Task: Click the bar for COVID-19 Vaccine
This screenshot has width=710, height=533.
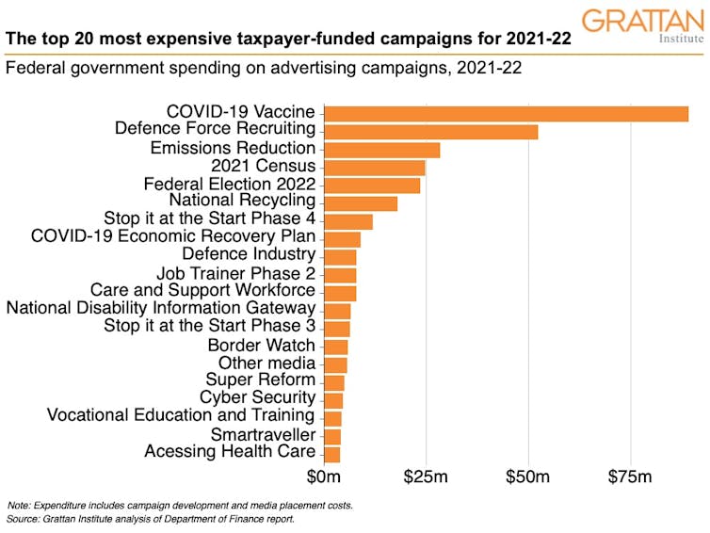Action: tap(506, 113)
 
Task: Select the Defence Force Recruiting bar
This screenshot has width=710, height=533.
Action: tap(430, 131)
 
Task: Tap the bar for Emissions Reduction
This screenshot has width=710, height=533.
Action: tap(381, 149)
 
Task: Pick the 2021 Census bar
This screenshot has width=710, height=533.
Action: tap(374, 167)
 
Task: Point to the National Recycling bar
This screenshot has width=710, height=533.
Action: tap(360, 202)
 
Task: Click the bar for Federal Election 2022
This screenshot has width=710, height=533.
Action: tap(371, 185)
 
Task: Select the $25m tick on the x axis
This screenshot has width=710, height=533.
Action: tap(426, 477)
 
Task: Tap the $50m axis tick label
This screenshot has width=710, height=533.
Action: tap(527, 477)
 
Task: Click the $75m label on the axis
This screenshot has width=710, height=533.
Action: tap(629, 477)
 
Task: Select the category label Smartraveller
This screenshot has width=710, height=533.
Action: tap(263, 434)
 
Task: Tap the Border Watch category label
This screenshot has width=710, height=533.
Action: tap(261, 345)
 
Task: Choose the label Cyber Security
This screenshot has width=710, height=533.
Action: tap(257, 398)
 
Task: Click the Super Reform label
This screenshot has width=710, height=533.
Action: tap(260, 380)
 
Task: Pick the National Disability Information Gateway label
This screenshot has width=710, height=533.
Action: tap(161, 308)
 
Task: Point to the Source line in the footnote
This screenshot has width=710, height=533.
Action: tap(151, 519)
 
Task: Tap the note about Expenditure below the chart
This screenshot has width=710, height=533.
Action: tap(180, 506)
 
